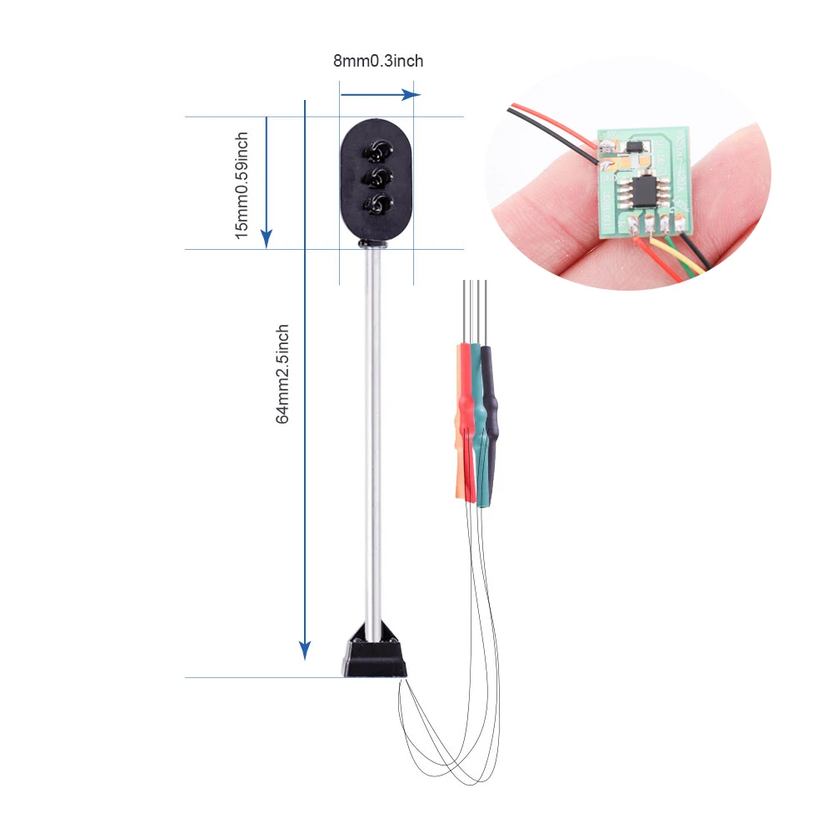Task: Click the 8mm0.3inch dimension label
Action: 378,61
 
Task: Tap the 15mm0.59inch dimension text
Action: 242,186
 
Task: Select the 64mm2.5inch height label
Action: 282,374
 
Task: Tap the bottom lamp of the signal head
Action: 377,204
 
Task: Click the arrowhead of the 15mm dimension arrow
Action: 267,238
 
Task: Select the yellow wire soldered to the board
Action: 675,256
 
